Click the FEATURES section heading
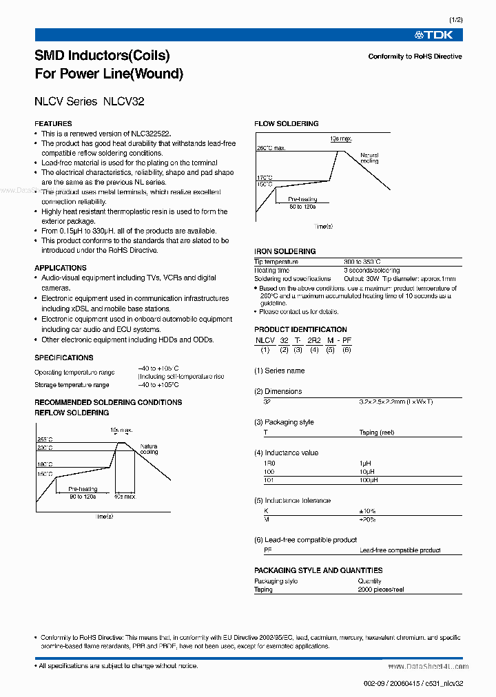[x=53, y=123]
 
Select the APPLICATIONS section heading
[x=61, y=268]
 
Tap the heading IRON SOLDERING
[x=285, y=251]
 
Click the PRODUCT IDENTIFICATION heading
[x=300, y=329]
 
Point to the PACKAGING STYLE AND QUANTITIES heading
[x=318, y=570]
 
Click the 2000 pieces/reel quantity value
[x=381, y=590]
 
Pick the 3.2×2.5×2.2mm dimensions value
[x=391, y=401]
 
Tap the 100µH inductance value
[x=370, y=479]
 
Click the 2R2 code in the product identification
[x=313, y=340]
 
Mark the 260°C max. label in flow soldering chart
[x=271, y=148]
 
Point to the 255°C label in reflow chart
[x=45, y=439]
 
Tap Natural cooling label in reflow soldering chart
[x=149, y=449]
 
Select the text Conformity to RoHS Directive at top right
[x=415, y=56]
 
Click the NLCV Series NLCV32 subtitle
[x=89, y=101]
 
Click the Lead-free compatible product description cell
[x=400, y=550]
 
